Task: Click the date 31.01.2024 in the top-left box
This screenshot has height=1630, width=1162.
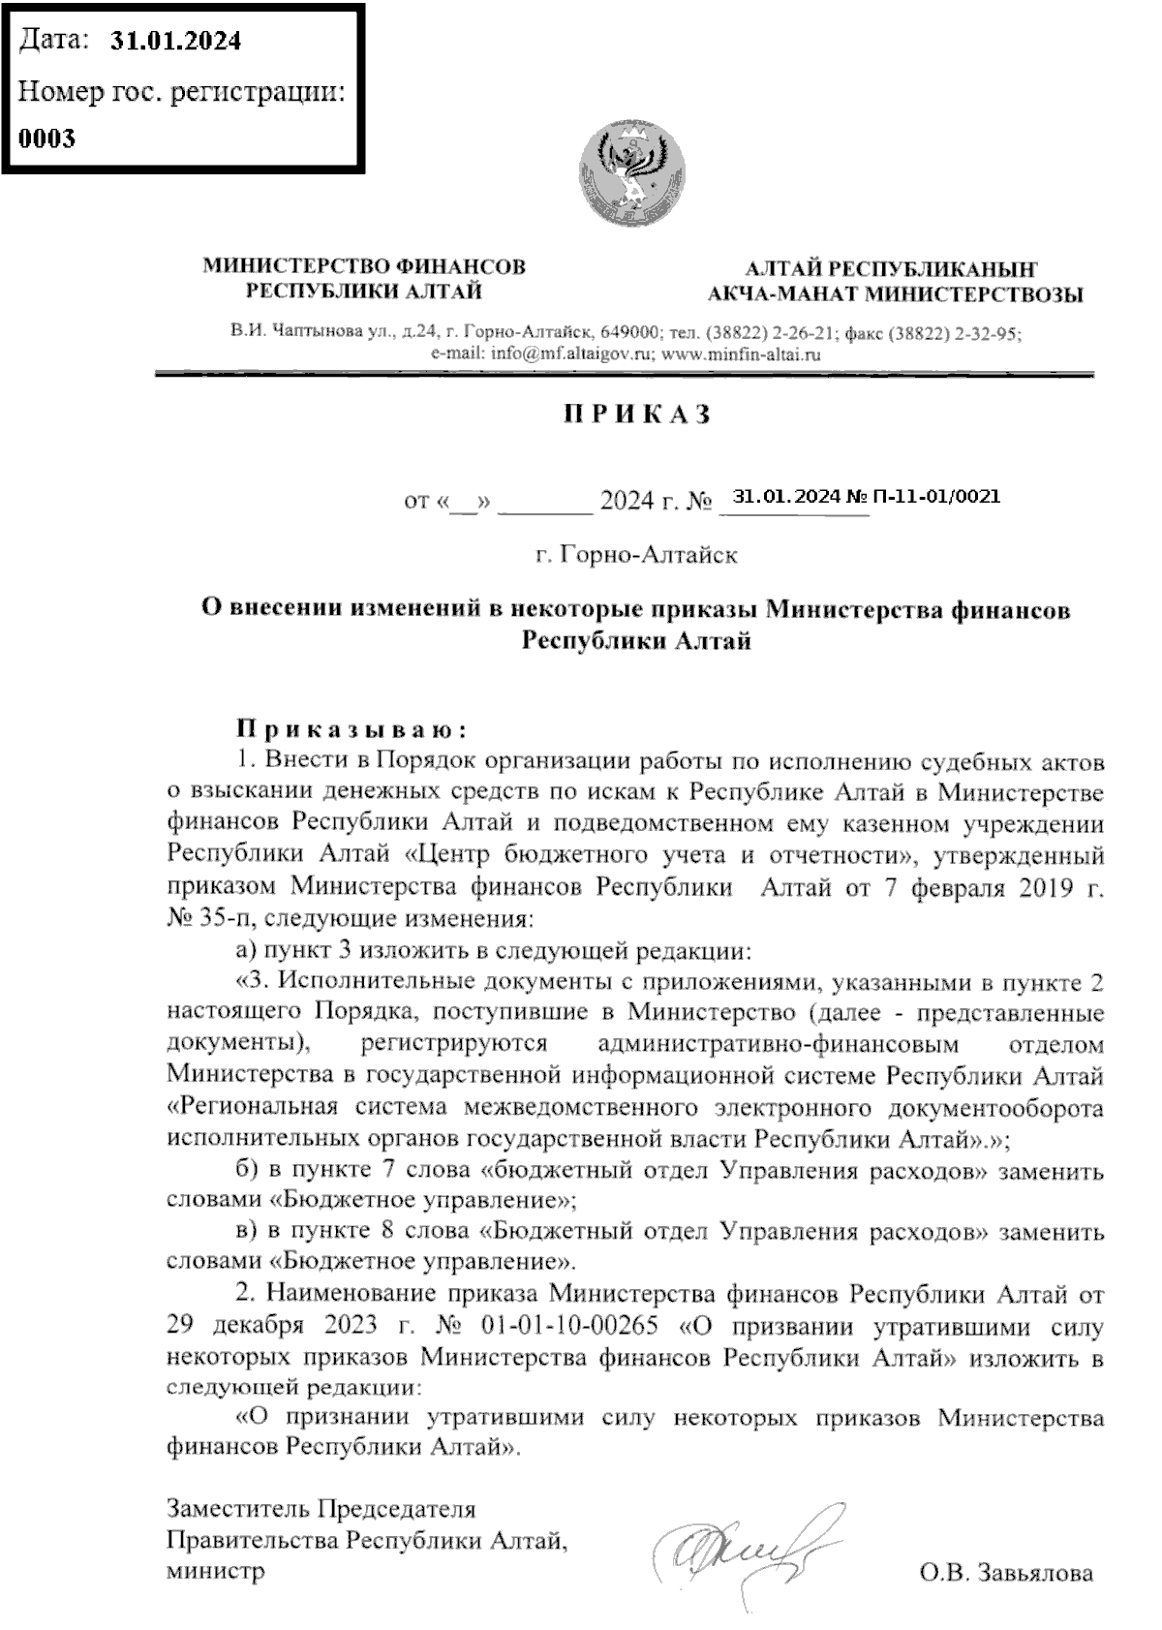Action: click(x=175, y=41)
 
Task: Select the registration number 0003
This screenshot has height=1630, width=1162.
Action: click(x=47, y=138)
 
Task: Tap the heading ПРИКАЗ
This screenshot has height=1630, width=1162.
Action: click(x=638, y=415)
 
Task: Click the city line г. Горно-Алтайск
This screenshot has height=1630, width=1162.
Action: click(x=636, y=555)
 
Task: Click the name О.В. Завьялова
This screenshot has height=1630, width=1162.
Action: click(x=1006, y=1572)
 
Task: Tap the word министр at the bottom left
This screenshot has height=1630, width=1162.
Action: click(x=215, y=1569)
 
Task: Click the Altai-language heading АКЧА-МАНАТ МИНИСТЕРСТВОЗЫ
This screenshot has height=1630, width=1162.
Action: click(x=896, y=294)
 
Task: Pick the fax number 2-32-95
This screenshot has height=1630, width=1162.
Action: click(x=987, y=333)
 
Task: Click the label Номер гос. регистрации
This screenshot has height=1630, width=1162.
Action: click(x=182, y=93)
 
